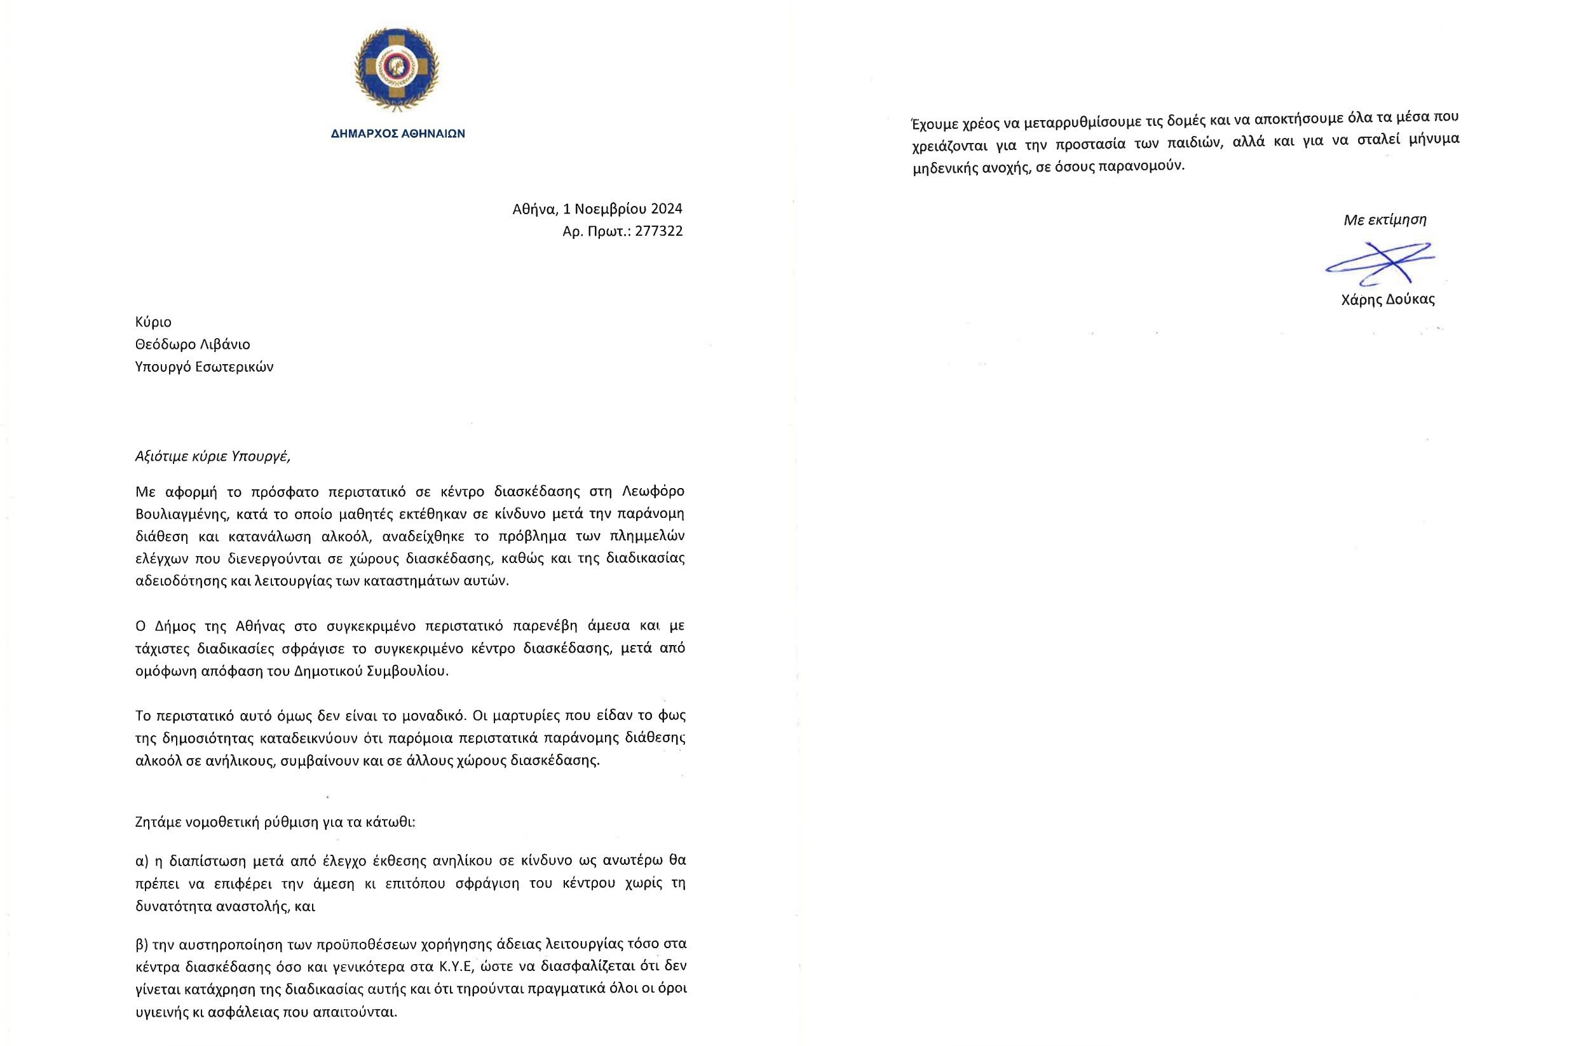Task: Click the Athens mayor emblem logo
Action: pos(397,69)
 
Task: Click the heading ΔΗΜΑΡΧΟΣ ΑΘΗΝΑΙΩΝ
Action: pos(398,133)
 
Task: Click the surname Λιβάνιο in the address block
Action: pos(224,344)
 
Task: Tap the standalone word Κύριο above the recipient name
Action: pos(153,322)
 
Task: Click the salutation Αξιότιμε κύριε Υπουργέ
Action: pos(213,456)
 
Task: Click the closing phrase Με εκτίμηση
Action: pos(1385,219)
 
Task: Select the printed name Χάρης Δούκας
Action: pos(1387,299)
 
